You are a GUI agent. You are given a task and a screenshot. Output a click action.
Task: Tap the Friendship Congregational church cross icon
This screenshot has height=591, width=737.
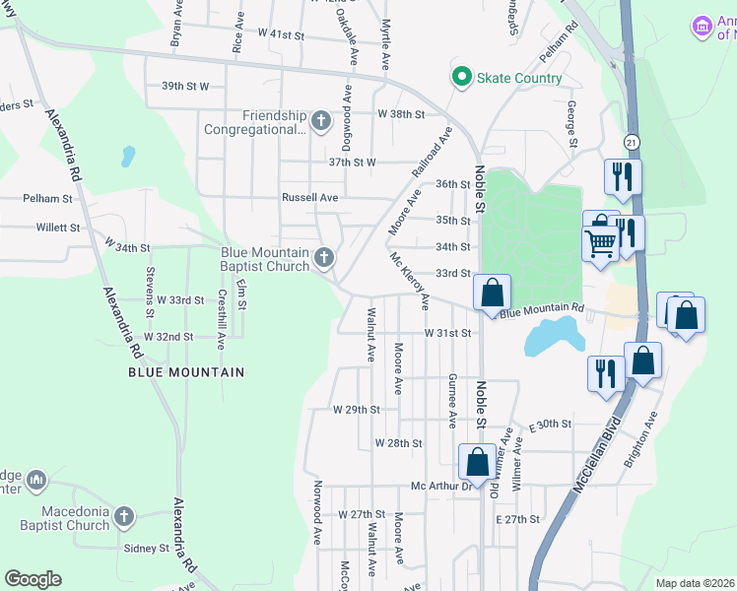click(319, 121)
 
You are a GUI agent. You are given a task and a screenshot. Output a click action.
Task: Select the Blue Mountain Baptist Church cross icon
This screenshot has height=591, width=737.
click(324, 259)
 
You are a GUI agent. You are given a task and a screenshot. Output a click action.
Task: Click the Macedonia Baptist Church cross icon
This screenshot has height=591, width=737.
click(123, 516)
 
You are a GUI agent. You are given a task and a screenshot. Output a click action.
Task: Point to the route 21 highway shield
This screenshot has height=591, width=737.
click(631, 143)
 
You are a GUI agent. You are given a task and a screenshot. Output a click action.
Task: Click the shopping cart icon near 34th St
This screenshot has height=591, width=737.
click(600, 241)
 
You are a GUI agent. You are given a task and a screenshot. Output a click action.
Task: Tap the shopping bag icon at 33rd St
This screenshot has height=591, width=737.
click(492, 293)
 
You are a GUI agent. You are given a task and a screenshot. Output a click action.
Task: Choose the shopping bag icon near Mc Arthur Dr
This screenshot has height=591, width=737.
click(477, 462)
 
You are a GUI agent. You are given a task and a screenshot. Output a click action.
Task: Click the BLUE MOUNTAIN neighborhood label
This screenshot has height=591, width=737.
click(186, 372)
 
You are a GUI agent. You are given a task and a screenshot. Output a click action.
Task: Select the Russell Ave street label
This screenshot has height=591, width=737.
click(309, 197)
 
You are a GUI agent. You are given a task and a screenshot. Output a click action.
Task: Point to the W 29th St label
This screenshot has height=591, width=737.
click(356, 409)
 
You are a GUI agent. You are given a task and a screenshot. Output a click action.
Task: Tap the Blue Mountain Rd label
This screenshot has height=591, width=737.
click(542, 311)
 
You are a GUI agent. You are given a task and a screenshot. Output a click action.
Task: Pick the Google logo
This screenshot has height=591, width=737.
click(33, 579)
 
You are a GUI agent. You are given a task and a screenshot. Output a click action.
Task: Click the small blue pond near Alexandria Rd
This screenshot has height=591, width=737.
click(127, 156)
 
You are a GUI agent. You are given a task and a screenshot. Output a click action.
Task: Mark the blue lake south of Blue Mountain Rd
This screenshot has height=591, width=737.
click(552, 336)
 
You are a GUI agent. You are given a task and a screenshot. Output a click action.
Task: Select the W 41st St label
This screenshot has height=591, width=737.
click(281, 33)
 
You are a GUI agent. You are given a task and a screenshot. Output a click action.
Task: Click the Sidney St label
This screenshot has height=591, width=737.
click(147, 548)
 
